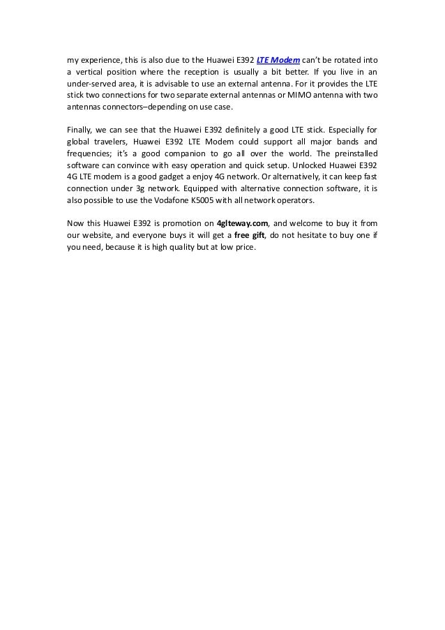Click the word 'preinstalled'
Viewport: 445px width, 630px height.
point(349,154)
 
